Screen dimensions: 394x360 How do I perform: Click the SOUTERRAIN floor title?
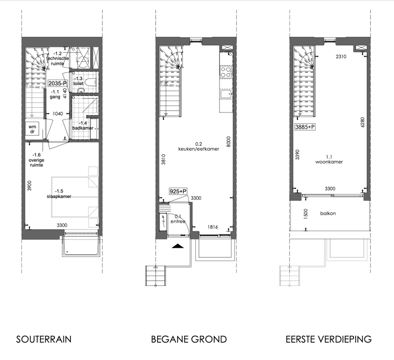pos(44,339)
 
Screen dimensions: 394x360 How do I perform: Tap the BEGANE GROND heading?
pos(189,339)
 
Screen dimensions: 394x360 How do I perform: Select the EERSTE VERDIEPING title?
pos(328,339)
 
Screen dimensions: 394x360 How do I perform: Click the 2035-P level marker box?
pos(58,83)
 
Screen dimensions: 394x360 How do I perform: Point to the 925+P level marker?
pos(178,192)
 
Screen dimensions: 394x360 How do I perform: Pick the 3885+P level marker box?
pos(305,127)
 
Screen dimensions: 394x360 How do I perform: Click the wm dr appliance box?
pos(32,129)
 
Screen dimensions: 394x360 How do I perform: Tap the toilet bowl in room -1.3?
pos(90,82)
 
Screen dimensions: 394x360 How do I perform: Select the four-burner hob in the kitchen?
pos(226,72)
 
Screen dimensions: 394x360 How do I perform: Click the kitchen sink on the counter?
pos(226,94)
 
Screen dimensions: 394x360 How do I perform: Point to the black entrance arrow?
pos(178,246)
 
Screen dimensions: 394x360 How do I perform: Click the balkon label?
pos(328,213)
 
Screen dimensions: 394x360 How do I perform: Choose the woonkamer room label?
pos(329,162)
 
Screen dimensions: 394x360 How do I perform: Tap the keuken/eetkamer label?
pos(198,149)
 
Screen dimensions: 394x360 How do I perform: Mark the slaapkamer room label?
pos(59,196)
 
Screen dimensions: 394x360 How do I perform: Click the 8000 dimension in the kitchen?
pos(228,142)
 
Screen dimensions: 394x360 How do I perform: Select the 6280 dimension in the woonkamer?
pos(362,122)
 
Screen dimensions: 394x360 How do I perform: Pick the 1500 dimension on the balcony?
pos(305,214)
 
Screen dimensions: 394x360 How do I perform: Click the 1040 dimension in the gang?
pos(58,114)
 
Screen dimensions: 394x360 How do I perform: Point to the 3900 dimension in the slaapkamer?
pos(30,186)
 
